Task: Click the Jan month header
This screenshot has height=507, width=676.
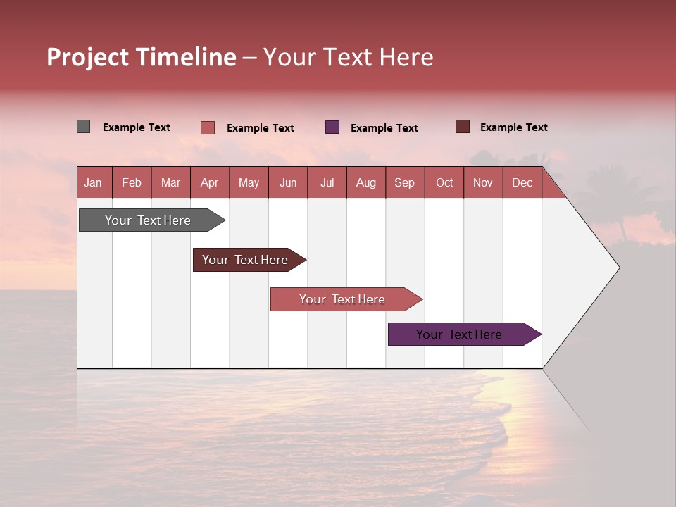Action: (93, 182)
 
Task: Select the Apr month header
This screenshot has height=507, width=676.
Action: (209, 182)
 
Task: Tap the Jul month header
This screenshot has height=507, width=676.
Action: (327, 182)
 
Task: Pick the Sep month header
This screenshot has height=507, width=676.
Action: (404, 182)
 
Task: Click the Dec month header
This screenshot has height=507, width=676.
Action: (522, 182)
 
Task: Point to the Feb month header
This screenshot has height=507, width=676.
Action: (132, 182)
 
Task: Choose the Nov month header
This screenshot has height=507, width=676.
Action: (482, 182)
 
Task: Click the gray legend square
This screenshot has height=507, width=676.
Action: (83, 127)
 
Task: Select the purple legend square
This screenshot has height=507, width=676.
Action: (332, 127)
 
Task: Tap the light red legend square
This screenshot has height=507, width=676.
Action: (208, 127)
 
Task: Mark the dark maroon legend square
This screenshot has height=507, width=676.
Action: (463, 127)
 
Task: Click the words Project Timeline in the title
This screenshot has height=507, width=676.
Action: (141, 57)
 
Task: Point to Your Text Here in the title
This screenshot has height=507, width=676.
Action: (348, 57)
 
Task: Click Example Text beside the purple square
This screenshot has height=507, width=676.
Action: (384, 128)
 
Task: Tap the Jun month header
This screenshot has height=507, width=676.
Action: (287, 182)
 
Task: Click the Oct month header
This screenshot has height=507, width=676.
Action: (444, 182)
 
